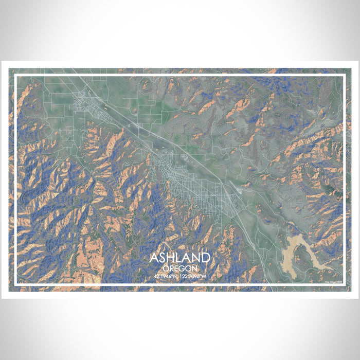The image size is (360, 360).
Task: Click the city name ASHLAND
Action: click(179, 258)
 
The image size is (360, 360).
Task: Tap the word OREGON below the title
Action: click(179, 268)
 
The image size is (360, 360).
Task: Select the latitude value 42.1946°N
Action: click(166, 276)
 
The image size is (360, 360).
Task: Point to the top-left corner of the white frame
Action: click(15, 76)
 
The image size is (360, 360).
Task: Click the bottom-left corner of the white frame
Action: click(15, 284)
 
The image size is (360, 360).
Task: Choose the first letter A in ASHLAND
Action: click(154, 258)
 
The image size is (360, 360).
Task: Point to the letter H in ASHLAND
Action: click(171, 258)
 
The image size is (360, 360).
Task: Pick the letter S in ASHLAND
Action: click(163, 258)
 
